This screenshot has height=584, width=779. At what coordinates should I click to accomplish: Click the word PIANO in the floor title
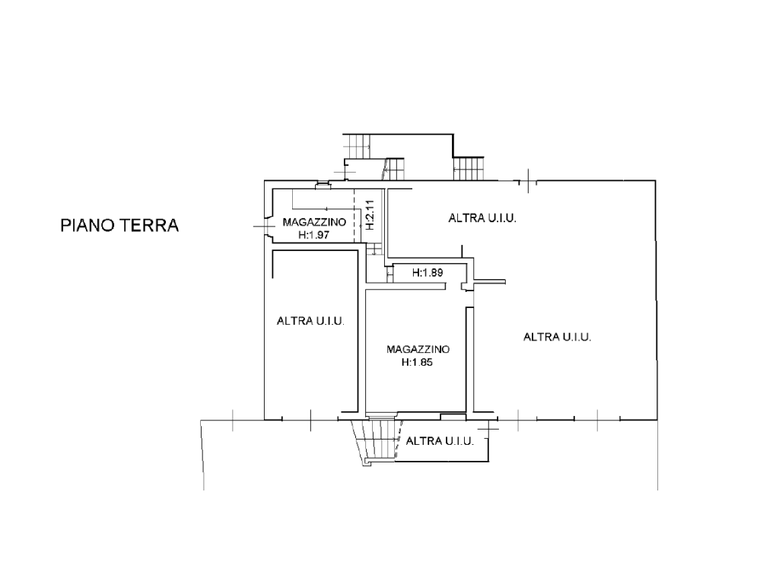coord(88,225)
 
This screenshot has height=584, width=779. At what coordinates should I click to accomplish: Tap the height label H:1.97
coord(314,234)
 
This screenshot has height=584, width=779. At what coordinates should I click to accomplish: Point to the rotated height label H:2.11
coord(369,215)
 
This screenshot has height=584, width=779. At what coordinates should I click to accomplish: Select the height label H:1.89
coord(428,273)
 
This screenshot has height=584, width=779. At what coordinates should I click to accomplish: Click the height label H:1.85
coord(418,362)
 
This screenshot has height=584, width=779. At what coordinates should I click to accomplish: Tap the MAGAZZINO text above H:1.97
coord(314,222)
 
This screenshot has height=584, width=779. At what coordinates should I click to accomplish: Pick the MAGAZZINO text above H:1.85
coord(418,349)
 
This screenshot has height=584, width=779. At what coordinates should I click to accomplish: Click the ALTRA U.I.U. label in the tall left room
coord(310,321)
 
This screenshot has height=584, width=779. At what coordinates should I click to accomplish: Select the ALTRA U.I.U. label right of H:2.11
coord(482,218)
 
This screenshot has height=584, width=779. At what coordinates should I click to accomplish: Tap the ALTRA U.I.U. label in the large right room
coord(557,337)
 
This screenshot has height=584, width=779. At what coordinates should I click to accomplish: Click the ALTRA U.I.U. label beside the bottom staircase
coord(440,441)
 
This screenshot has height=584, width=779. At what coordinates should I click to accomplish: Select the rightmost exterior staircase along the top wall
coord(468,169)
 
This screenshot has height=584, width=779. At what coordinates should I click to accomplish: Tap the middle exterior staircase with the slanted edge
coord(393,170)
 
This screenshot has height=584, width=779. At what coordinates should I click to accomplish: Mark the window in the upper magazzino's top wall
coord(323,186)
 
